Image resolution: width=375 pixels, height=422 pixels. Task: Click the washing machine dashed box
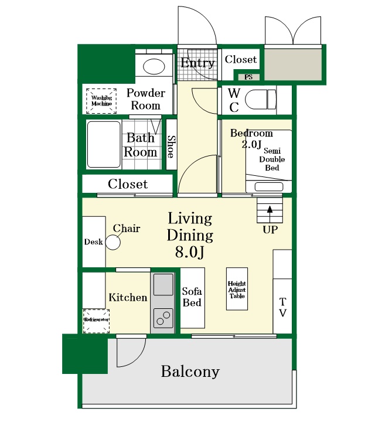[x=101, y=101]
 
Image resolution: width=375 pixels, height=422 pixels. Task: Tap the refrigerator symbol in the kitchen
[x=96, y=321]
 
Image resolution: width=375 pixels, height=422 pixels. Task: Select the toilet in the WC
[x=261, y=100]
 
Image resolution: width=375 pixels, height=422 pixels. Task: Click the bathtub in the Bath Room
[x=104, y=145]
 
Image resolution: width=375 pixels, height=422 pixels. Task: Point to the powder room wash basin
[x=154, y=66]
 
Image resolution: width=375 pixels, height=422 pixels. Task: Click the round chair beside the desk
[x=112, y=243]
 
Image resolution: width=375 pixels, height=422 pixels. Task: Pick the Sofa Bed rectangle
[x=192, y=298]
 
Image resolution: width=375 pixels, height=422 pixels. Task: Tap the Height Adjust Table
[x=237, y=289]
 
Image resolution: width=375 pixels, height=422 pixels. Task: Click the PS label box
[x=249, y=77]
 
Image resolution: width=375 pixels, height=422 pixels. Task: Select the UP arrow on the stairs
[x=270, y=215]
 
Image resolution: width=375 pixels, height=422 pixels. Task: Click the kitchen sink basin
[x=163, y=284]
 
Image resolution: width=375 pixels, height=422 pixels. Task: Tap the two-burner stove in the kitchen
[x=163, y=318]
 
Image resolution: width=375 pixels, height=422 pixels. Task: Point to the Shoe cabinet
[x=171, y=144]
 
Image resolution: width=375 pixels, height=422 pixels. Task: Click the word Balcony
[x=190, y=372]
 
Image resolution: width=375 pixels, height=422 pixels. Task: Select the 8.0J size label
[x=190, y=252]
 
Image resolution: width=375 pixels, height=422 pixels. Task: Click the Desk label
[x=93, y=241]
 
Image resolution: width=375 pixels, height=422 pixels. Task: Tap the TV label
[x=282, y=307]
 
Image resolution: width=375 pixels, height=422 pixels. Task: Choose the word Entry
[x=197, y=63]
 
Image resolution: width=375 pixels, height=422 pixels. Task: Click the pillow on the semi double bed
[x=269, y=186]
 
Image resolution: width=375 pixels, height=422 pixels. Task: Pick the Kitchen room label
[x=128, y=297]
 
